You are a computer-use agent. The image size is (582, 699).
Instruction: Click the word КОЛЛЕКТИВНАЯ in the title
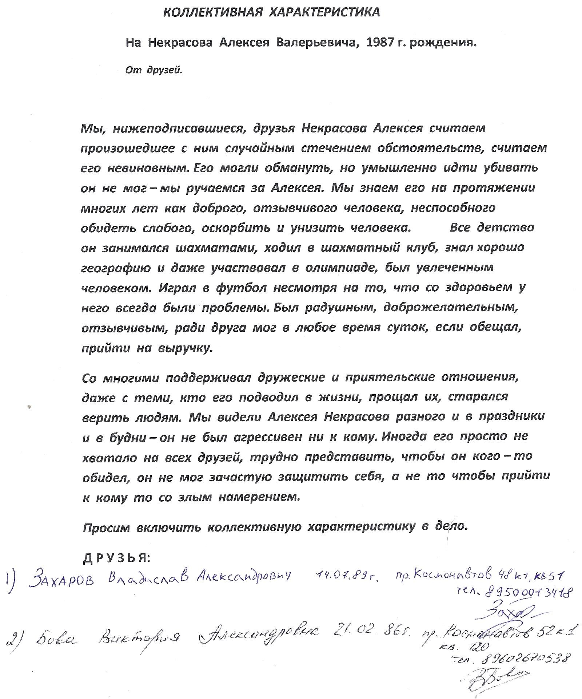coord(213,13)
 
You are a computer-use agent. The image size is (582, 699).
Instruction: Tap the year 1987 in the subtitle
coord(381,43)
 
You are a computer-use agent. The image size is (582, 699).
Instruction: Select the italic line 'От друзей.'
coord(154,70)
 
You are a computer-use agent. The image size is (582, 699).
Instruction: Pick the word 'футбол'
coord(241,288)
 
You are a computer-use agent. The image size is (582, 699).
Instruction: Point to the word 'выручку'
coord(184,348)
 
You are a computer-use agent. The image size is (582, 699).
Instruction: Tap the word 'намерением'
coord(259,497)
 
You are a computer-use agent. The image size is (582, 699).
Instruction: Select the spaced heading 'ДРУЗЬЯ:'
coord(116,558)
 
